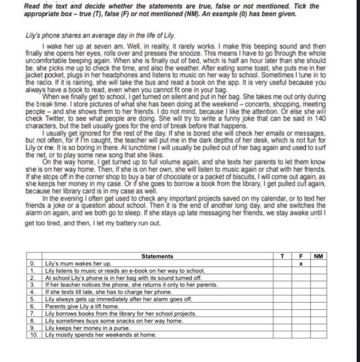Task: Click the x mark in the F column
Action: [x=300, y=264]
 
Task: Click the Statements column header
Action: [x=157, y=257]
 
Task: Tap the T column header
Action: [x=282, y=257]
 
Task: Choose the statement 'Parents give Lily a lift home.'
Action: [x=82, y=306]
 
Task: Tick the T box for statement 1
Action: [x=282, y=271]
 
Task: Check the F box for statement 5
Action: [x=300, y=299]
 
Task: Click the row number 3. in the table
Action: [x=32, y=285]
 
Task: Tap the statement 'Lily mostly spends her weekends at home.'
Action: [x=101, y=335]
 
